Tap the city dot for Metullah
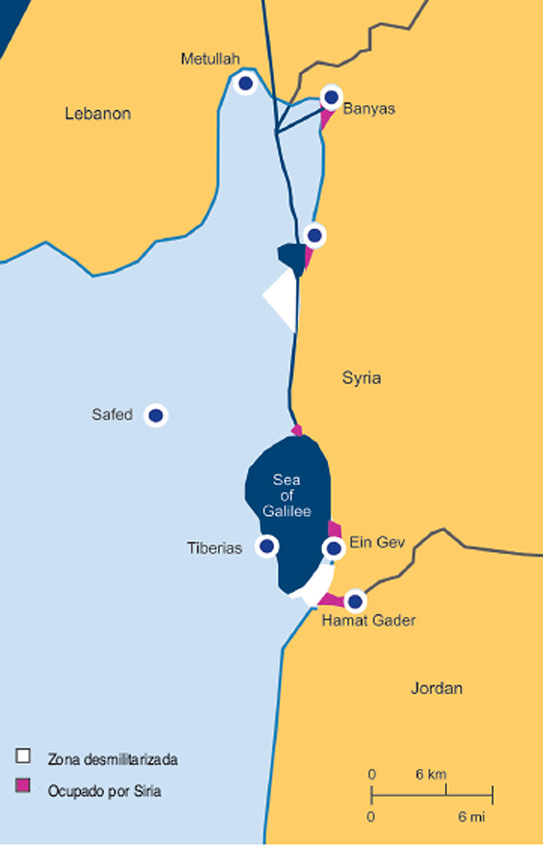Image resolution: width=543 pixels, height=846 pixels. pos(245,84)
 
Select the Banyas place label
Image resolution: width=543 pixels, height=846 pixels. pos(369,109)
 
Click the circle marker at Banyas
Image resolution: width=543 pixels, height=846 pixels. pos(332,97)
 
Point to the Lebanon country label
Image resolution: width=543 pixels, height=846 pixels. pos(98,114)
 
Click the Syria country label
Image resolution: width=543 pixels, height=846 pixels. pos(362,378)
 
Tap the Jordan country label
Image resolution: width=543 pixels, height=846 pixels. pos(436,688)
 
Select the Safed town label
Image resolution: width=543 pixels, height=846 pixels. pos(112,415)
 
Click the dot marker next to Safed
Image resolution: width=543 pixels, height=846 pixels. pos(156,415)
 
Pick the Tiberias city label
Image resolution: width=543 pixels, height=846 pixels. pos(215,549)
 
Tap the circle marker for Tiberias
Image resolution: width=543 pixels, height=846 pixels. pos(267,547)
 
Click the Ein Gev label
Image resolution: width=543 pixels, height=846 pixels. pos(377,542)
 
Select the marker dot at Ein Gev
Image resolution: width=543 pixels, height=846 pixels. pos(334,549)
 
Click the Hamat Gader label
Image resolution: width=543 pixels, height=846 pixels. pos(368,621)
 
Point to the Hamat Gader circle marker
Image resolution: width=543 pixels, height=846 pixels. pos(355,602)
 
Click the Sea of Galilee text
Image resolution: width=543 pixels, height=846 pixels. pos(287,495)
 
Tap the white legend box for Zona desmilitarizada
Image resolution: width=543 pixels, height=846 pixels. pos(23,755)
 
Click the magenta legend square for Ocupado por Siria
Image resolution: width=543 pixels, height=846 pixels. pos(23,785)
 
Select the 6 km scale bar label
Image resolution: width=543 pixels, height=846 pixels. pos(431,774)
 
